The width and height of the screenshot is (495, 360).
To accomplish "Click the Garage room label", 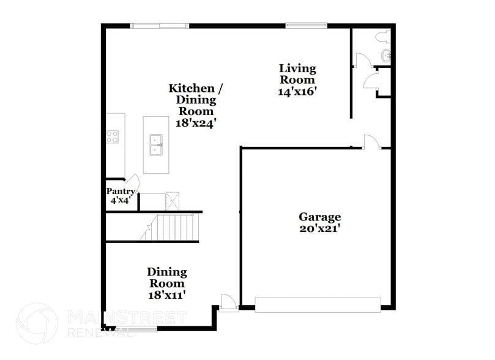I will coord(319,217).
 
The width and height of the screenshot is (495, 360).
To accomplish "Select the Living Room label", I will coord(297,74).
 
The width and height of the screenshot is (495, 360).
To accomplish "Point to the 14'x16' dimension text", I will coord(297,91).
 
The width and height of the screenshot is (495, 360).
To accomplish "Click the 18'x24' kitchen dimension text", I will coord(196,122).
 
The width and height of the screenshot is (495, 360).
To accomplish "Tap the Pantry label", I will coord(121,192).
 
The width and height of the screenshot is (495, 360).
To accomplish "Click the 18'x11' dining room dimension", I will coord(166,294).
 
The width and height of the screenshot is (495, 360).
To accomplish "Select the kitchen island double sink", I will coord(155,144).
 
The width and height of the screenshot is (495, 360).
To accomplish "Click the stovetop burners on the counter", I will coord(112,137).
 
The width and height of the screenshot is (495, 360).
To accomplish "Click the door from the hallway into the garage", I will coord(371,142).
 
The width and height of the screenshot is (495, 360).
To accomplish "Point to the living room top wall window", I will coord(306,25).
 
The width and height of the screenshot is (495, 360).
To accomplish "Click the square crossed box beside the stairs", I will coord(173,201).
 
